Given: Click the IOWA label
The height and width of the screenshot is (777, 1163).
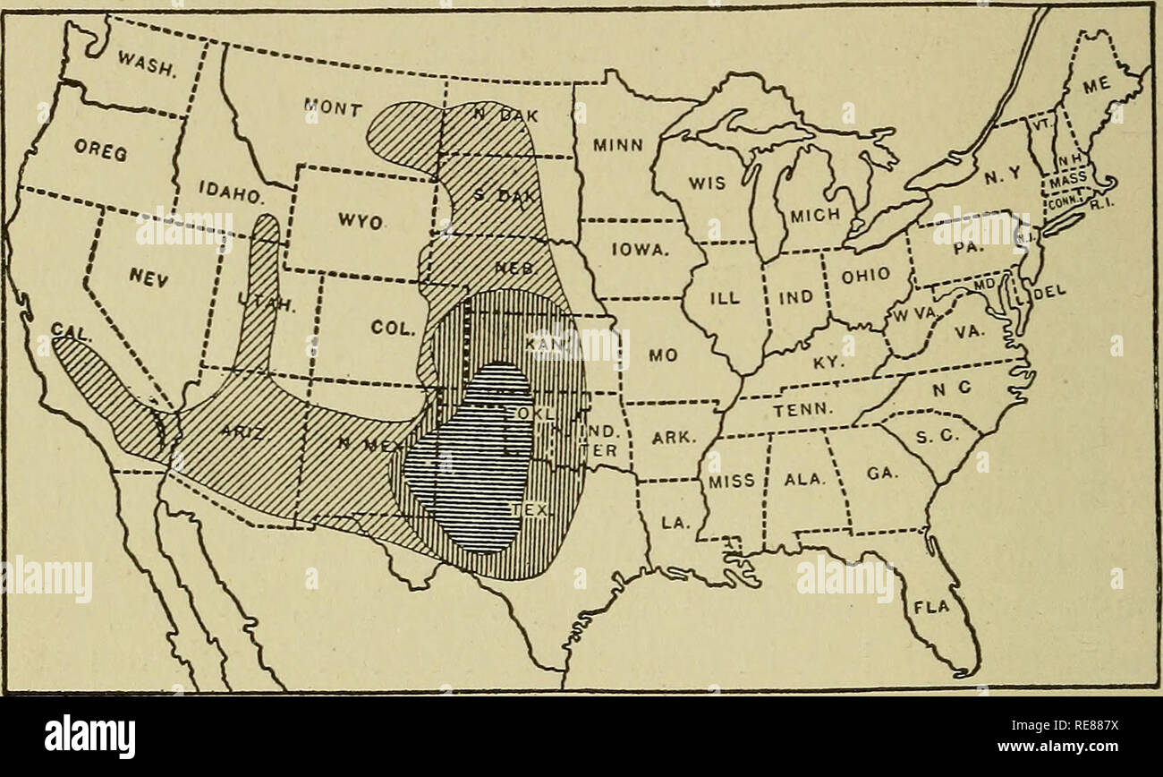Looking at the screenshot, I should coord(637,253).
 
